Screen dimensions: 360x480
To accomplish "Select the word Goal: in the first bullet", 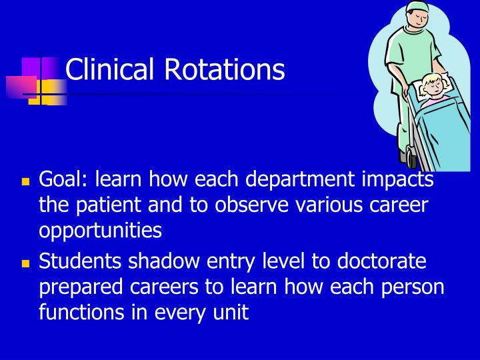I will coord(65,180).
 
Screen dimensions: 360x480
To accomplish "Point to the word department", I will coord(297,180).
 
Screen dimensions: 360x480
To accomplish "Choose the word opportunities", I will coord(101,231).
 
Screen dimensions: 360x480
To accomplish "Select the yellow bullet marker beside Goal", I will coord(27,181).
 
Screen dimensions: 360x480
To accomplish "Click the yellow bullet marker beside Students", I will coord(27,263).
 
